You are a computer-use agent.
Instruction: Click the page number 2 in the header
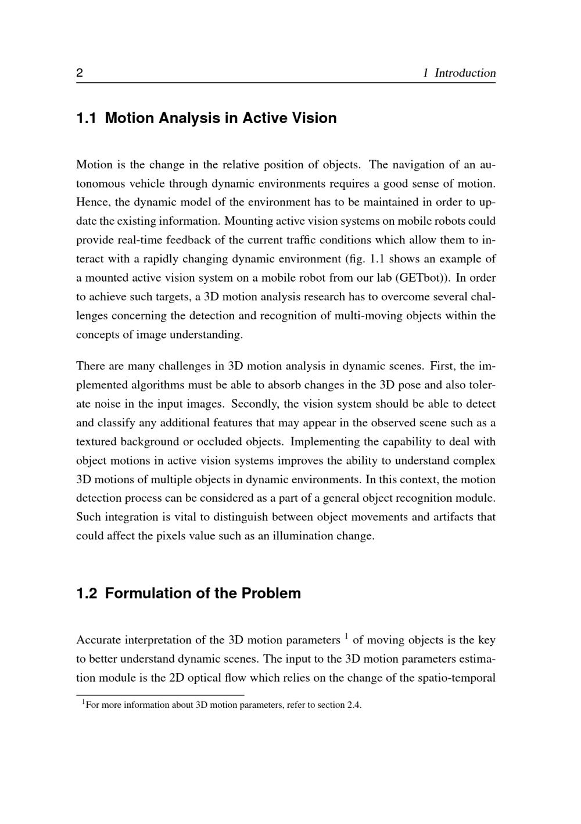click(80, 73)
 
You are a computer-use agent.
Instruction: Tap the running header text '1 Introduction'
click(459, 73)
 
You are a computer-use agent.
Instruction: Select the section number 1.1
click(86, 118)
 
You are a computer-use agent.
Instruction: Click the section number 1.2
click(86, 593)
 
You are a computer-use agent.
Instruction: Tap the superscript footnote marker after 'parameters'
click(346, 636)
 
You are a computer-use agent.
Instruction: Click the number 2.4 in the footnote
click(354, 706)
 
